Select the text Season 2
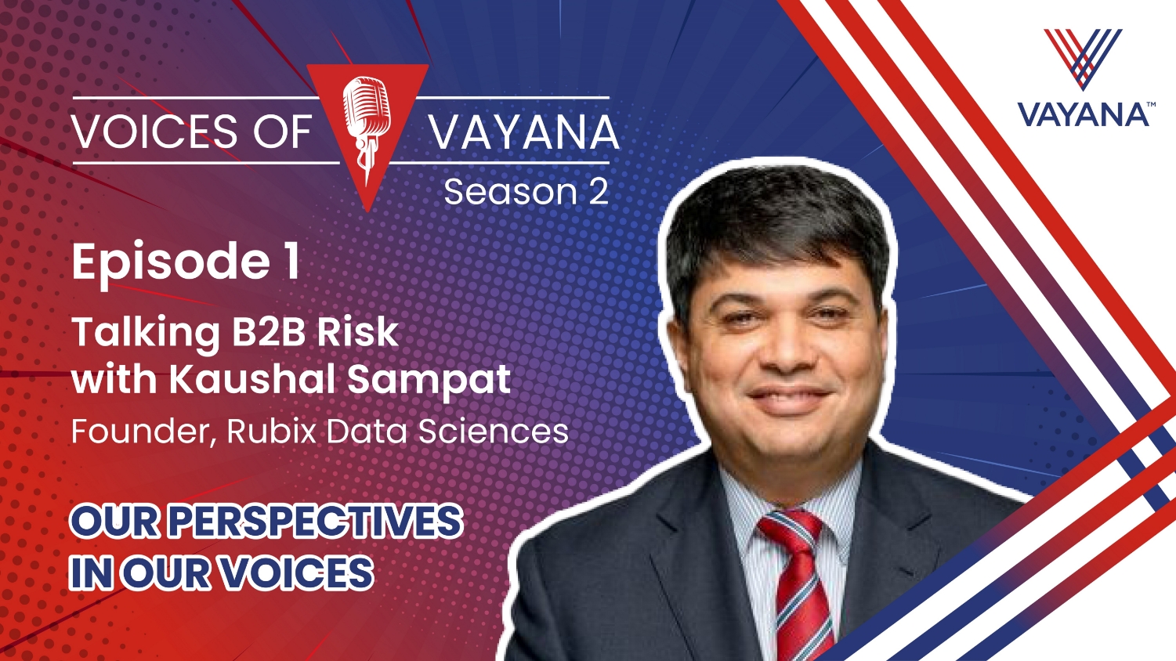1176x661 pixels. point(526,192)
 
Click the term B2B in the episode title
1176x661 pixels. point(270,331)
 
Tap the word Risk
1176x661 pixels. point(357,331)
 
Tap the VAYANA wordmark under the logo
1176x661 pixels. point(1083,115)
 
